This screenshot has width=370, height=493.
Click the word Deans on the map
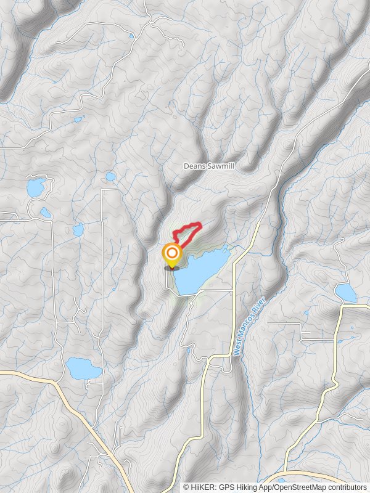tap(194, 166)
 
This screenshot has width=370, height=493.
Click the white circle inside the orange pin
tap(171, 253)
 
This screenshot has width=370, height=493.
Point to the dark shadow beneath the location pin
tap(171, 268)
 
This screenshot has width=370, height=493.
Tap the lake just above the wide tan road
tap(83, 368)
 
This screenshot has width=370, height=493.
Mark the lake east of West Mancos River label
tap(346, 292)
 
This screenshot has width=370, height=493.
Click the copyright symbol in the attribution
tap(186, 487)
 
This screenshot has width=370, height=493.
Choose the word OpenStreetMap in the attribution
tap(303, 487)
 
